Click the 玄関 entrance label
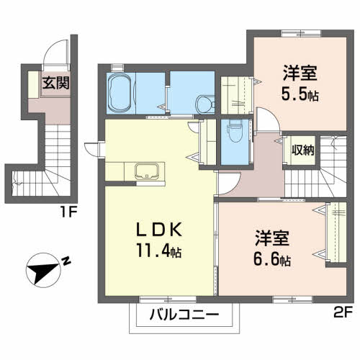click(x=56, y=83)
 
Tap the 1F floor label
click(x=68, y=212)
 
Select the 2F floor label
click(x=343, y=312)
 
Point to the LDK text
click(x=159, y=230)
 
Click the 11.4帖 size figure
click(x=159, y=251)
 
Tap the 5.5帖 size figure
click(x=300, y=95)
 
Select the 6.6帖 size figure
click(x=272, y=260)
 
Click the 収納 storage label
click(x=302, y=150)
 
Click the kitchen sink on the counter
click(x=147, y=171)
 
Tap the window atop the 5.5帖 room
click(x=301, y=33)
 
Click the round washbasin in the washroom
click(x=205, y=104)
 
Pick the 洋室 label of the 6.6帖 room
click(x=272, y=238)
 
